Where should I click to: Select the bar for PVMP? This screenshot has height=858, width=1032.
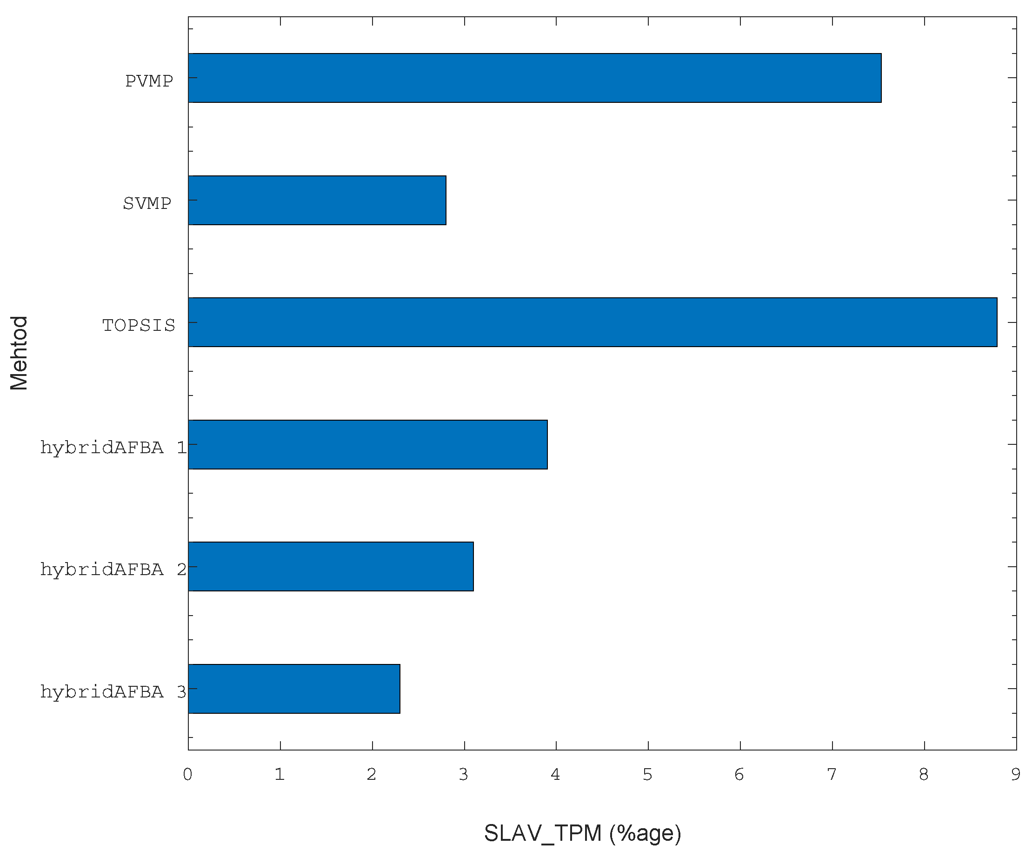534,78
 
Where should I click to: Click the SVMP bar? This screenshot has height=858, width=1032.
317,200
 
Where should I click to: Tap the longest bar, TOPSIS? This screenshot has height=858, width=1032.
592,322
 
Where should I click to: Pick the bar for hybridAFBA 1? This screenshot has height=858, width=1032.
367,444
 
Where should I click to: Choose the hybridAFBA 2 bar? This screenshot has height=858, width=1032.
331,566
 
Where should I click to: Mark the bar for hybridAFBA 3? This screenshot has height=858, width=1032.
294,688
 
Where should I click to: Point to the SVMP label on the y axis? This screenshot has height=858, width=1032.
147,203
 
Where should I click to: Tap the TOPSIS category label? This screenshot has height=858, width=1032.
139,326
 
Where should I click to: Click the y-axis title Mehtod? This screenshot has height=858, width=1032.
19,353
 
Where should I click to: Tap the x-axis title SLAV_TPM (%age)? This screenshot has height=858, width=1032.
582,833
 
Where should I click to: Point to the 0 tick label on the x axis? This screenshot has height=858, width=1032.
188,775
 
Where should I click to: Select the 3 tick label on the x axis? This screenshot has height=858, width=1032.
463,775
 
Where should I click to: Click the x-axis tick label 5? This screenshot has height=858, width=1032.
648,775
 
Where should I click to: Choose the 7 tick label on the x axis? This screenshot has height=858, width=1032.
832,775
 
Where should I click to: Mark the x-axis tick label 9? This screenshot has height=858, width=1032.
1015,775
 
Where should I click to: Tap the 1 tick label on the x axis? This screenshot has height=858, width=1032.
280,775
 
